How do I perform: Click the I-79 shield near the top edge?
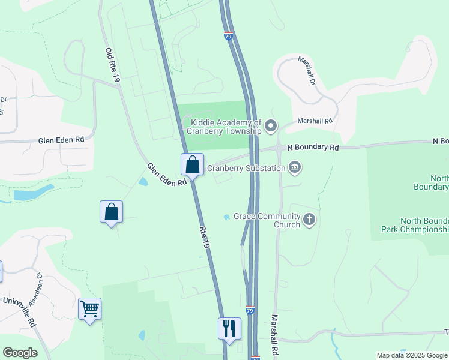coord(228,37)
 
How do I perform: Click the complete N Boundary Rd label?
coord(313,147)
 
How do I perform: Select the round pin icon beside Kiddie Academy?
coord(271,126)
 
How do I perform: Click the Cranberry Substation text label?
coord(246,168)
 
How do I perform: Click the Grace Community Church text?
coord(266,220)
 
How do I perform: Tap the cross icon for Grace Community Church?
coord(309,220)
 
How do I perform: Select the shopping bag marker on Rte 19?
coord(193,164)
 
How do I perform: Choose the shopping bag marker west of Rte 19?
coord(111,212)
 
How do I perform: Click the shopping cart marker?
coord(89,309)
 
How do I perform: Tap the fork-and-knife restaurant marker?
coord(229,328)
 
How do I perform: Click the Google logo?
coord(20,353)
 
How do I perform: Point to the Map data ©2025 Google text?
coord(412,355)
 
